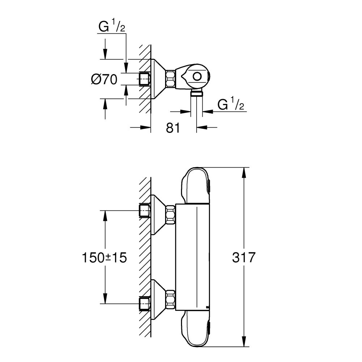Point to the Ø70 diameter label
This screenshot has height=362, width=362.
(104, 79)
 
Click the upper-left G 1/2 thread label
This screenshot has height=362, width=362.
(111, 27)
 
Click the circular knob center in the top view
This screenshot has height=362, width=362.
(198, 77)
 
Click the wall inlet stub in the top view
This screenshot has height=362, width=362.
(145, 79)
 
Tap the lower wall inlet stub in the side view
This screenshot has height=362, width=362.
(145, 302)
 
